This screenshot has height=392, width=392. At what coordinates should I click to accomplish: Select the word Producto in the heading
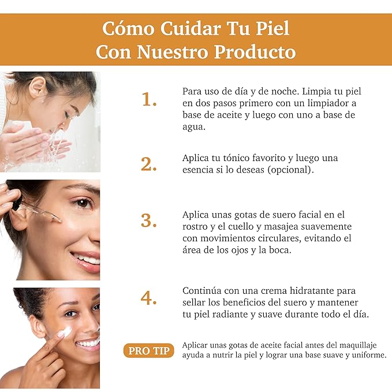click(255, 52)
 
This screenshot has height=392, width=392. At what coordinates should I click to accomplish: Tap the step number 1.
click(149, 100)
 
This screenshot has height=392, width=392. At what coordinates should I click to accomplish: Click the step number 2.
click(149, 164)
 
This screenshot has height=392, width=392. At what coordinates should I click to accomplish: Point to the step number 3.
click(149, 221)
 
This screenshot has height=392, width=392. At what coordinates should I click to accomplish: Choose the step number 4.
click(149, 298)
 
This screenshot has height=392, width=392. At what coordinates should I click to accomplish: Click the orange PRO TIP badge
click(148, 350)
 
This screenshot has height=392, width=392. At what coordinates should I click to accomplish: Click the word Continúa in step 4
click(202, 290)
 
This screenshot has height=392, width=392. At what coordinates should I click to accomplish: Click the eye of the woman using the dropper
click(83, 203)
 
